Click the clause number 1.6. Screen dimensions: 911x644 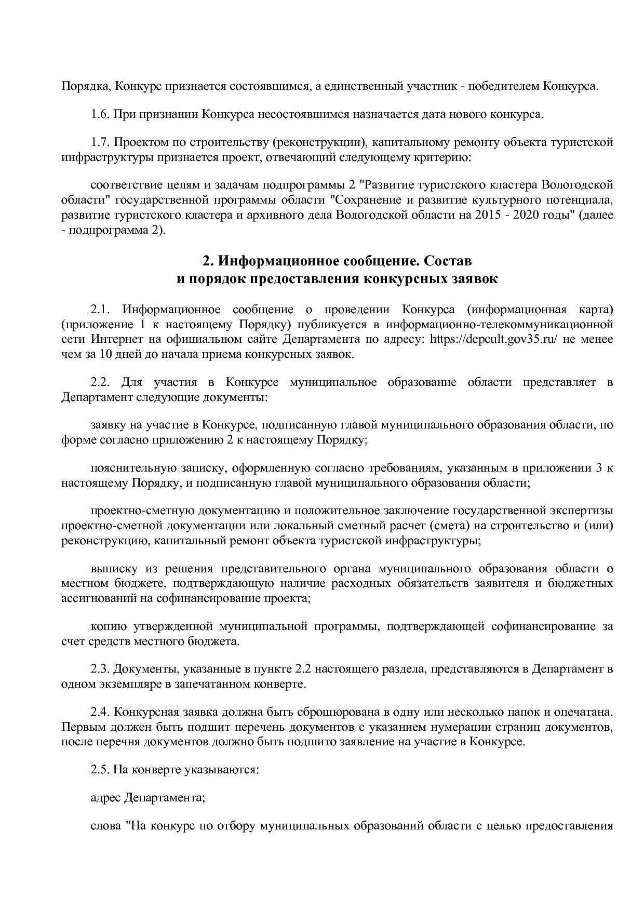click(100, 114)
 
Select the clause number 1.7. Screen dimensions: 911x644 click(100, 142)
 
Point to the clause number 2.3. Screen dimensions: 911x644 click(100, 669)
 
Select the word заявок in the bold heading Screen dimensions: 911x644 click(475, 279)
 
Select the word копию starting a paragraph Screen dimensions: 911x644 click(109, 626)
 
